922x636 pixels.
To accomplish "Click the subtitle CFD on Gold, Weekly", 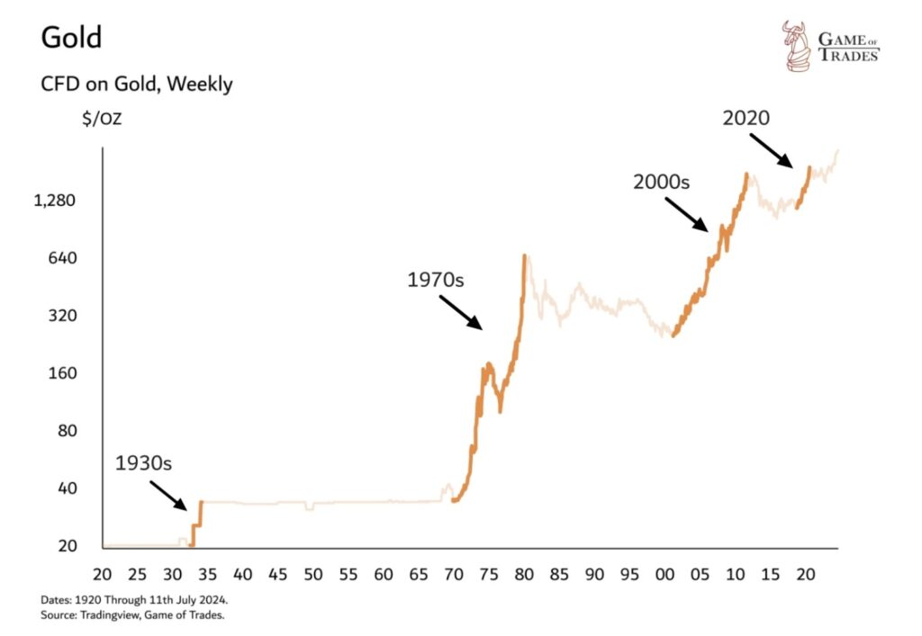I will click(x=137, y=85).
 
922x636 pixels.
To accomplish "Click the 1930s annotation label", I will click(x=143, y=464).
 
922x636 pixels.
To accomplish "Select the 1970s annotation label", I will click(x=435, y=280).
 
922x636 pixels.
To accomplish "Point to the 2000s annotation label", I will click(x=661, y=182).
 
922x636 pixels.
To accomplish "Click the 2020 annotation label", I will click(x=747, y=117).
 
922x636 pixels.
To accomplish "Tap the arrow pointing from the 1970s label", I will click(x=462, y=312).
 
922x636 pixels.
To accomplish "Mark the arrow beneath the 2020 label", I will click(x=773, y=150).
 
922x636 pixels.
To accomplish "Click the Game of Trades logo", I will click(x=829, y=47).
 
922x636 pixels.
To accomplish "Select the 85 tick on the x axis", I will click(x=559, y=573).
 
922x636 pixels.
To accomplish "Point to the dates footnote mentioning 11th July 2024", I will click(x=140, y=599).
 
